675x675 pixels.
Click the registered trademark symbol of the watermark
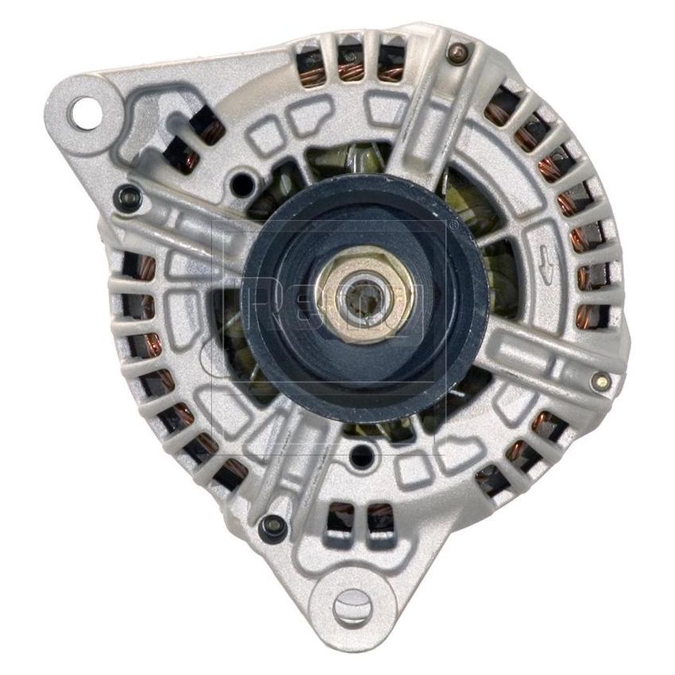[x=453, y=226]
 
